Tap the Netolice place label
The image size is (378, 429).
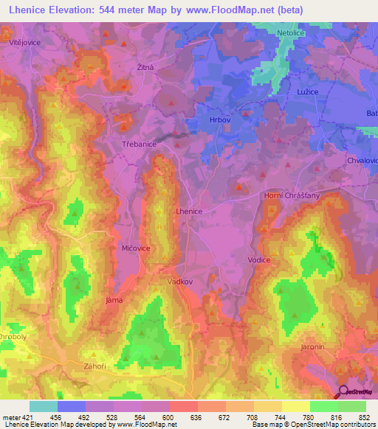pyautogui.click(x=272, y=34)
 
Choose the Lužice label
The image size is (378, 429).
pyautogui.click(x=304, y=87)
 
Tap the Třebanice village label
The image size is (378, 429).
pyautogui.click(x=139, y=145)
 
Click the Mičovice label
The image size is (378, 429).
pyautogui.click(x=136, y=249)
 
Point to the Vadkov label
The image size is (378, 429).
pyautogui.click(x=180, y=282)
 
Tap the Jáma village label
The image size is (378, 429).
pyautogui.click(x=114, y=301)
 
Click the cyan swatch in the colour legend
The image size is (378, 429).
pyautogui.click(x=44, y=406)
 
